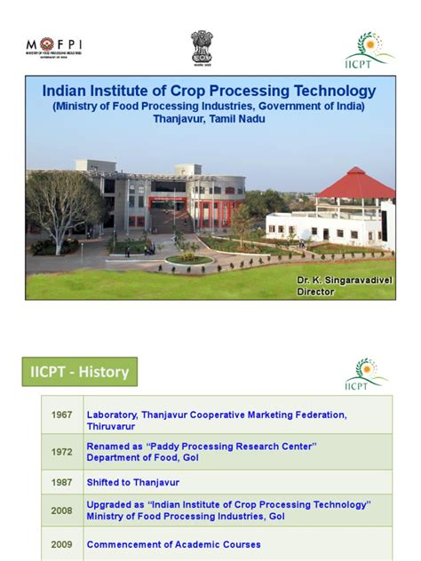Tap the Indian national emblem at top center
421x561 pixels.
pos(202,46)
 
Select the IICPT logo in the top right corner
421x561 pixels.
pos(368,48)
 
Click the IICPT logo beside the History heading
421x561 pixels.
pos(366,374)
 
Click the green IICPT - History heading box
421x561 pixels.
pos(80,372)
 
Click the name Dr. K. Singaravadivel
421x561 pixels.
pos(343,280)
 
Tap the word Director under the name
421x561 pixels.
pos(316,291)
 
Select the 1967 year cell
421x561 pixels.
pos(62,415)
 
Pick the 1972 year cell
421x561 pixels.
pos(62,452)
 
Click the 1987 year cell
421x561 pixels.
pos(62,482)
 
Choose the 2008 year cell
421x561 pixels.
pos(62,511)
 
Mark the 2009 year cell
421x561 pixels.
pos(62,544)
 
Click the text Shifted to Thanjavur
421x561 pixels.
pos(132,482)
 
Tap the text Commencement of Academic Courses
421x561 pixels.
pos(173,544)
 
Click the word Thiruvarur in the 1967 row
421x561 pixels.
pos(113,422)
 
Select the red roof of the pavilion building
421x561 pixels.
pos(355,185)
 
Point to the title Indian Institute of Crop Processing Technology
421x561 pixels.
pos(210,91)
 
